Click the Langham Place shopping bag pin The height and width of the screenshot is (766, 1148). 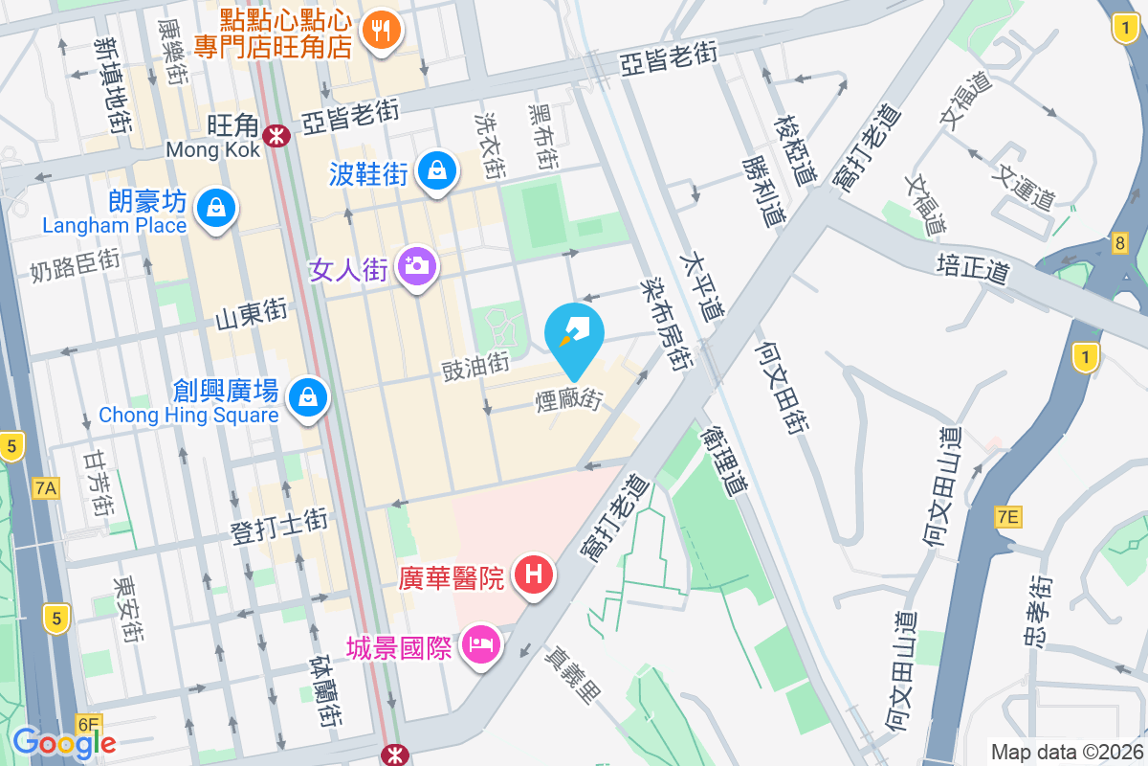click(216, 208)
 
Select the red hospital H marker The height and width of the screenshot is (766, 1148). click(533, 574)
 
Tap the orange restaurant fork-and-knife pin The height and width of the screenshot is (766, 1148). click(382, 31)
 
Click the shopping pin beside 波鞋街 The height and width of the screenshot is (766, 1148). click(437, 170)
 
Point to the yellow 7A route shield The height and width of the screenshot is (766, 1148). click(46, 489)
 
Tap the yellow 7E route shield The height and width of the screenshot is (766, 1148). click(1008, 517)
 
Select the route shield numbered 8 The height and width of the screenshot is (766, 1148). click(1119, 243)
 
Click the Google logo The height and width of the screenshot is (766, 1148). click(64, 743)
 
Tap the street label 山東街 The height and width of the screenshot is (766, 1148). click(252, 313)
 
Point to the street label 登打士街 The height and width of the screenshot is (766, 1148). click(279, 526)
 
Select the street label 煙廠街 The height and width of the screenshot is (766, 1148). click(568, 399)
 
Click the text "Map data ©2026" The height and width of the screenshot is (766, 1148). click(1066, 752)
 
